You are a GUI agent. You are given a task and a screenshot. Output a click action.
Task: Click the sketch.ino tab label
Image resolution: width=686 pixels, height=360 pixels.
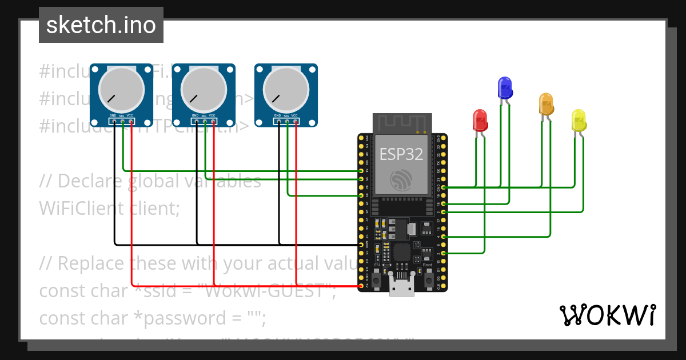[101, 25]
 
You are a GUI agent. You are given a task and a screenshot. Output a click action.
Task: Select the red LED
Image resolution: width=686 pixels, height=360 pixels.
[480, 121]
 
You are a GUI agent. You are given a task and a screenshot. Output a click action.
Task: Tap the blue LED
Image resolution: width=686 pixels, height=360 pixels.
[505, 87]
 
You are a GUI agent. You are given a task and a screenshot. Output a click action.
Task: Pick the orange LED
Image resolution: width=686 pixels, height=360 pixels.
[546, 104]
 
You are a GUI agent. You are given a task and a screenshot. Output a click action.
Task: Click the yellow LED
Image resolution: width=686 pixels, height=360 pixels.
[579, 121]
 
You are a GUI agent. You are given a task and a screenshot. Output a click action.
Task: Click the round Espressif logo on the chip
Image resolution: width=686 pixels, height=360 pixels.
[400, 179]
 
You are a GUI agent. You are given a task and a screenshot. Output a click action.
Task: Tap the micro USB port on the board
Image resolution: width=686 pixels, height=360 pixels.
[402, 285]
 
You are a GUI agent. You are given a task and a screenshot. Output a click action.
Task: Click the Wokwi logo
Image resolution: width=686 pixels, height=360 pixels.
[607, 315]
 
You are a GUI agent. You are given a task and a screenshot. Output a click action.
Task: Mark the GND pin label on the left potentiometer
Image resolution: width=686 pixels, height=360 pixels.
[113, 116]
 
